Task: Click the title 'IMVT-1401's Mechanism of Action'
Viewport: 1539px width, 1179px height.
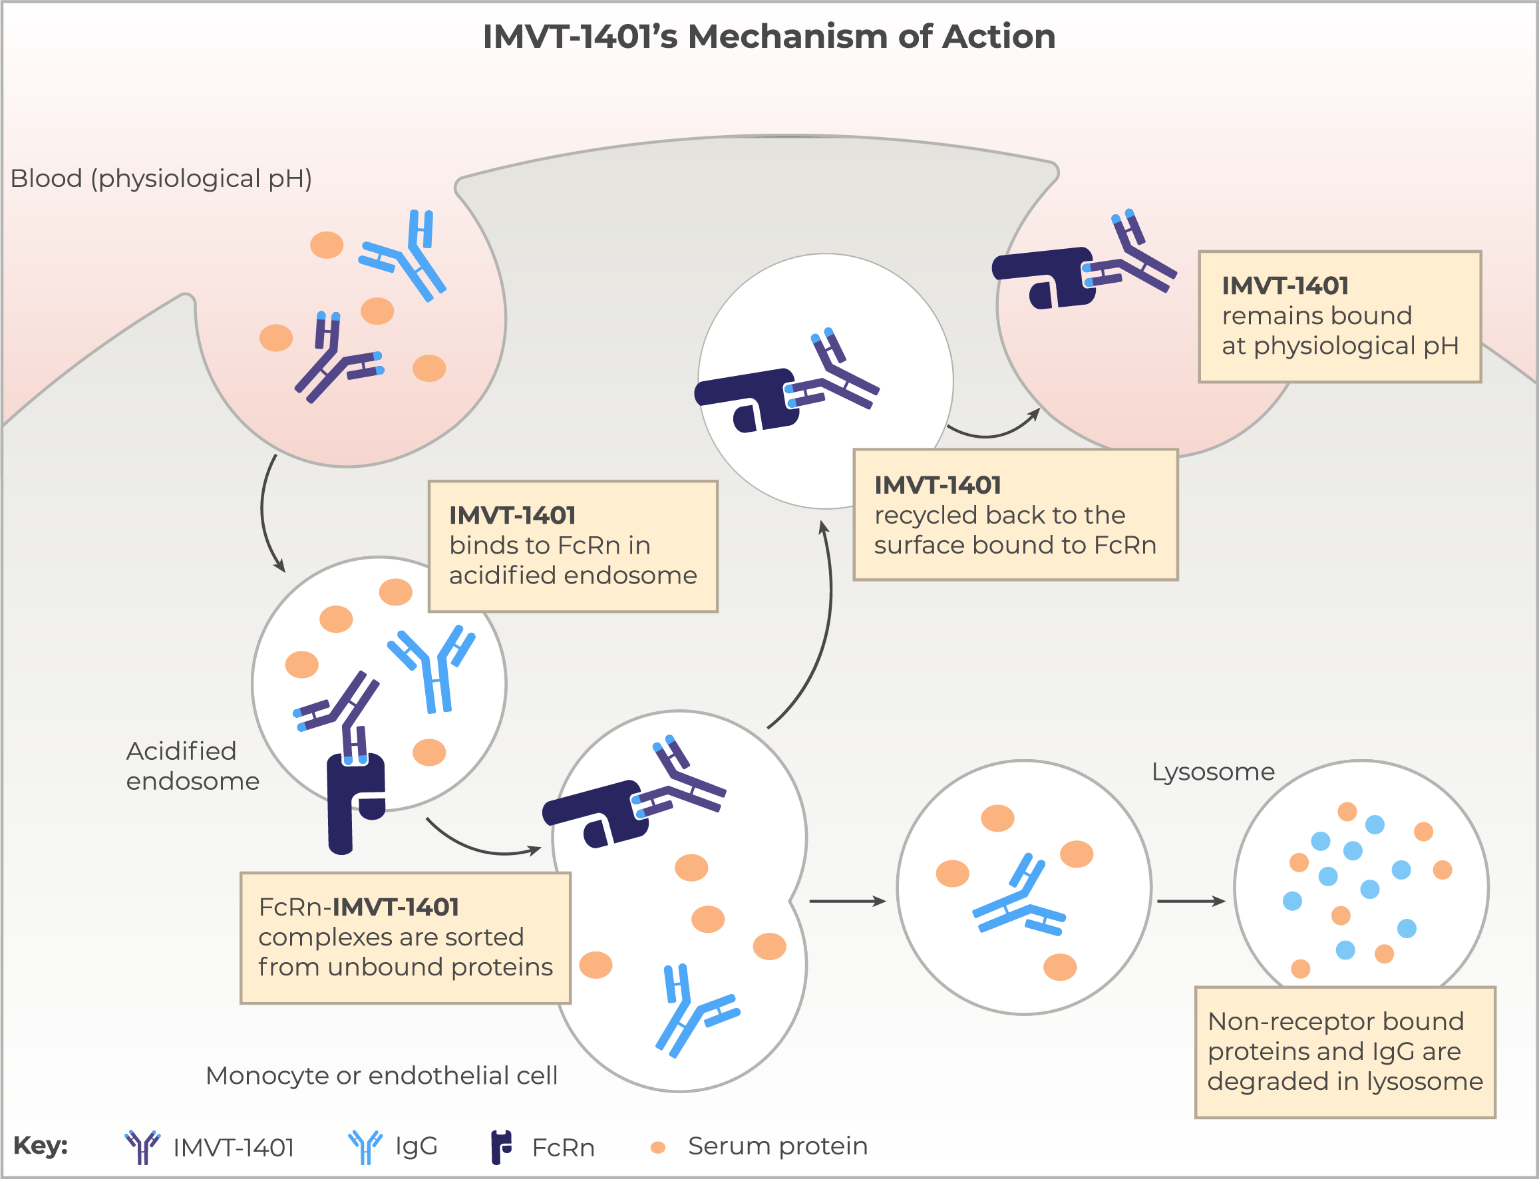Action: [x=769, y=37]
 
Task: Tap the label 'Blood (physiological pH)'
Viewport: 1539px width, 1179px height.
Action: [x=161, y=179]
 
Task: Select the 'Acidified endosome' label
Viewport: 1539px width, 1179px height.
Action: [x=192, y=766]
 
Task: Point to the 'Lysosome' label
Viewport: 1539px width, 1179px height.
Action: [x=1213, y=772]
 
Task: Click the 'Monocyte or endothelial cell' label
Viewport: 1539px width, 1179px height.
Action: [x=381, y=1075]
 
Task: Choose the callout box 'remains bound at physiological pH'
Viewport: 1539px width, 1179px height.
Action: [x=1339, y=317]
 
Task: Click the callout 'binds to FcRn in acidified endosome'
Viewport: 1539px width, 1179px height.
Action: [x=573, y=546]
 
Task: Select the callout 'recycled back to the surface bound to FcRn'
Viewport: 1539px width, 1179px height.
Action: [x=1015, y=514]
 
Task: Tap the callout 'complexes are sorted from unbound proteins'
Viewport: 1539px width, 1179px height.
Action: [x=406, y=937]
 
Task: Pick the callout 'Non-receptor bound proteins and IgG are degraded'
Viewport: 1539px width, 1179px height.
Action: [x=1345, y=1052]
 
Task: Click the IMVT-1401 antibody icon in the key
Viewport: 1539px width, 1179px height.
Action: [x=142, y=1146]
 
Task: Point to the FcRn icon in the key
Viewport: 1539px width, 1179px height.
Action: [x=501, y=1146]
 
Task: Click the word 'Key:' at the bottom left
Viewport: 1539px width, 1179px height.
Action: [x=41, y=1145]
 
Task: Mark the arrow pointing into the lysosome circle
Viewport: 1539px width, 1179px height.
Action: [x=1191, y=901]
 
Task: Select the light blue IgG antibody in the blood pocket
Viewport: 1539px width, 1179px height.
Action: [x=402, y=255]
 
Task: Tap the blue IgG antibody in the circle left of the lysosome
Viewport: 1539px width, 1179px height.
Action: [x=1018, y=896]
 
